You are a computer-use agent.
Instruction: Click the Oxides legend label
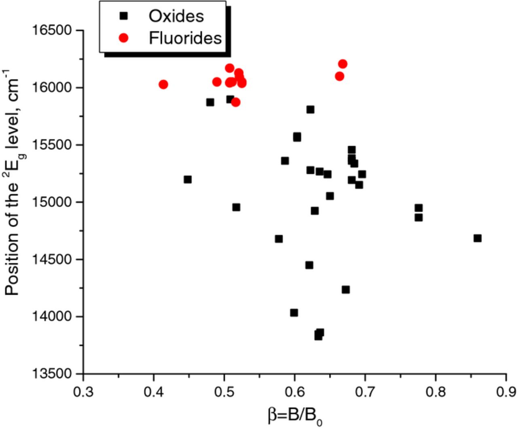[x=176, y=16]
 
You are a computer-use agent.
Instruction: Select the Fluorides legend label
[x=185, y=38]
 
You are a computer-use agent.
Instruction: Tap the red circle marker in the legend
[x=123, y=38]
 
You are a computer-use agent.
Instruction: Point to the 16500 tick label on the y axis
[x=52, y=30]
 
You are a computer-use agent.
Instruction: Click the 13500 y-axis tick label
[x=52, y=374]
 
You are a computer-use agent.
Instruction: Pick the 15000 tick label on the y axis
[x=52, y=202]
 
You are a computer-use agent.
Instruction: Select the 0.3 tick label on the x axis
[x=83, y=392]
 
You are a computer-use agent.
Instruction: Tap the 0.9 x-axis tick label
[x=506, y=392]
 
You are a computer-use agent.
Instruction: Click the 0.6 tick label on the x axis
[x=295, y=392]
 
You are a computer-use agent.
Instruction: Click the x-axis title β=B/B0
[x=295, y=416]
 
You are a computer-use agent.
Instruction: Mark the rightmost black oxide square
[x=478, y=238]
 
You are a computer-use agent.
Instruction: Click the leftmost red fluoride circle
[x=163, y=85]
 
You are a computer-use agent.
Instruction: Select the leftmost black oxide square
[x=187, y=179]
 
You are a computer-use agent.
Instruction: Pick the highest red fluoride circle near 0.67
[x=343, y=64]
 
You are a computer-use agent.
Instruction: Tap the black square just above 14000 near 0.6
[x=294, y=313]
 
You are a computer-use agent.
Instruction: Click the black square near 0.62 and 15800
[x=310, y=110]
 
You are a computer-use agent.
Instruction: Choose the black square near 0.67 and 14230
[x=346, y=290]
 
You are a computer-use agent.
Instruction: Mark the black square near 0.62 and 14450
[x=309, y=265]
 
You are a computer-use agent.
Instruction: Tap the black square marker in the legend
[x=123, y=16]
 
